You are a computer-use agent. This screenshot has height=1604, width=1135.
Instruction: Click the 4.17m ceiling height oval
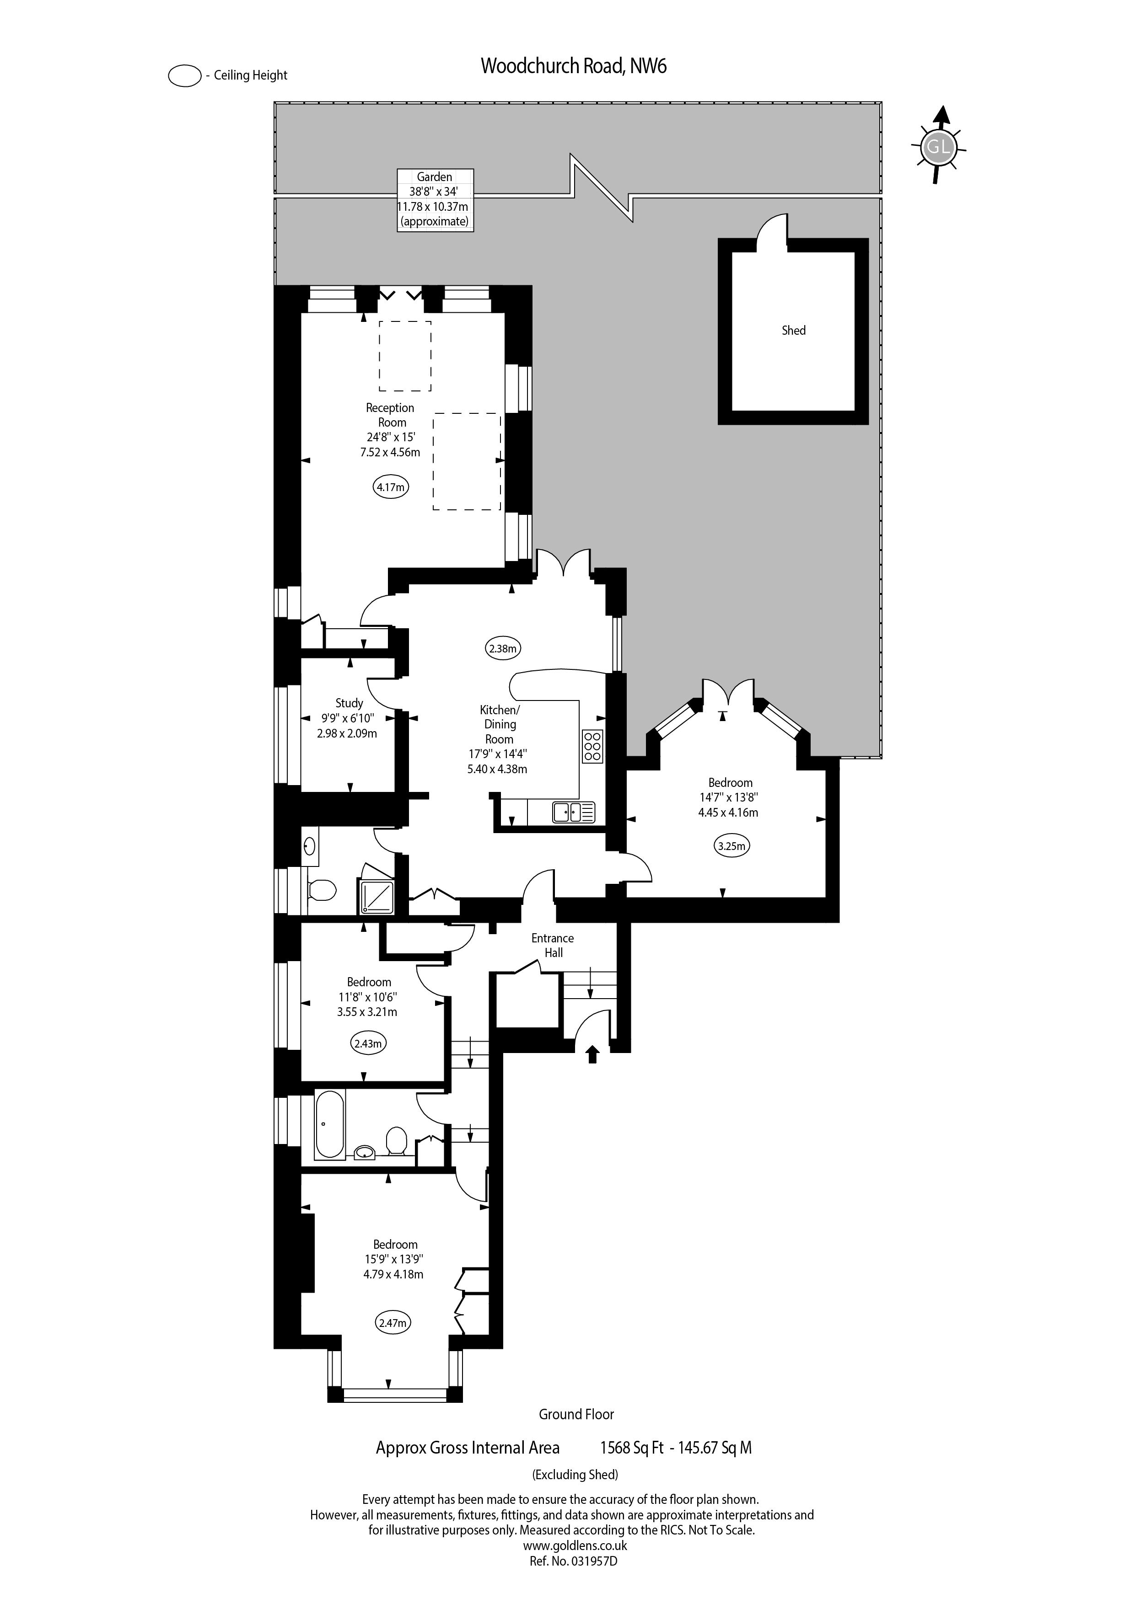click(x=391, y=487)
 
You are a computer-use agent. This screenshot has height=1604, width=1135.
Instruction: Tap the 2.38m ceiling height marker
click(x=502, y=648)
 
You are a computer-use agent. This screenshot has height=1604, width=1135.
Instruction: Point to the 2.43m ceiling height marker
click(x=368, y=1044)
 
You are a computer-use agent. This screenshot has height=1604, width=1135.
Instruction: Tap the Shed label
click(x=793, y=331)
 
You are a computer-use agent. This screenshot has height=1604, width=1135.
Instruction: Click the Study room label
click(x=350, y=703)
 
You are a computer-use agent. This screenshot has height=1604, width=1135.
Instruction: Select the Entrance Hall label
click(x=553, y=945)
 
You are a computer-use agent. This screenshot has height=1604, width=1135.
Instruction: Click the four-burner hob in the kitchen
click(x=592, y=746)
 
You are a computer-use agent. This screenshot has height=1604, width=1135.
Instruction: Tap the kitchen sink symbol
click(x=574, y=812)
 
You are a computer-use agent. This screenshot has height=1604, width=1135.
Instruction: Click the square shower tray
click(x=377, y=896)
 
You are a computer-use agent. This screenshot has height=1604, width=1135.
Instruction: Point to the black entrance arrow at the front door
click(x=592, y=1053)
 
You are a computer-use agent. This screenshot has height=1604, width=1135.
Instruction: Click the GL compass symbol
click(x=938, y=147)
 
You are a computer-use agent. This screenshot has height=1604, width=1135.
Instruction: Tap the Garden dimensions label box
click(x=435, y=200)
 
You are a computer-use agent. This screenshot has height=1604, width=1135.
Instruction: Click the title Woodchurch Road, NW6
click(x=574, y=66)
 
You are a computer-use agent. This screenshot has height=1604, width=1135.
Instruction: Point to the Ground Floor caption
click(x=576, y=1414)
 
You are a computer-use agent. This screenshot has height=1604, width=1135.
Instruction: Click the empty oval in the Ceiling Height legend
click(x=184, y=75)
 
